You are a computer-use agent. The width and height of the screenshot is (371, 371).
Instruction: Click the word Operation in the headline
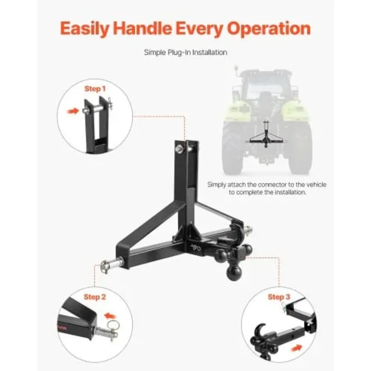[269, 28]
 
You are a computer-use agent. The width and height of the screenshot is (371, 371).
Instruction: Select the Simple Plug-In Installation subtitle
[185, 52]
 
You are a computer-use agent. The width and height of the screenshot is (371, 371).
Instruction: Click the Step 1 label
[95, 89]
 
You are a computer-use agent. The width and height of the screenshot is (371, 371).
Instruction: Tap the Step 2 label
[95, 297]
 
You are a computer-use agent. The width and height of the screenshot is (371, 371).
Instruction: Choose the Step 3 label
[279, 297]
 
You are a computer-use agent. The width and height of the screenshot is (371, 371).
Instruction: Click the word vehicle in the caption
[315, 185]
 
